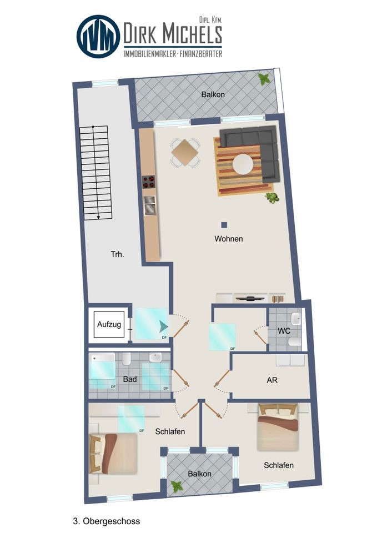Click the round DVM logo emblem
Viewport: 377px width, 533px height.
(98, 37)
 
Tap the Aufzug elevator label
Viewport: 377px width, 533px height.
(109, 325)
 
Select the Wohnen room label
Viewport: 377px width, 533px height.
(228, 239)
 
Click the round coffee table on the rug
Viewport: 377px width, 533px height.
(243, 164)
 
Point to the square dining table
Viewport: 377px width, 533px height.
(184, 152)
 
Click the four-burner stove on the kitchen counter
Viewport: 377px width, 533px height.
(149, 182)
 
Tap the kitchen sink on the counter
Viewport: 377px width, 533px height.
(149, 205)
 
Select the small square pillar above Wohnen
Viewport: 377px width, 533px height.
(224, 225)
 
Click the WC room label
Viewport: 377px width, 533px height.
(284, 331)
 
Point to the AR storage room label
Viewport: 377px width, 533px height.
(272, 380)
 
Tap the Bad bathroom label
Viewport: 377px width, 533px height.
(130, 379)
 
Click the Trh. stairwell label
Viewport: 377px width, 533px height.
(117, 254)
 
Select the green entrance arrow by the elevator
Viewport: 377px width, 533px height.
(164, 326)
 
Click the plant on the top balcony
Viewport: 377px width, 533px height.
(264, 79)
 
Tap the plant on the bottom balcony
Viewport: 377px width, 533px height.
(177, 486)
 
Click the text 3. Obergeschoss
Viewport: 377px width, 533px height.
(107, 521)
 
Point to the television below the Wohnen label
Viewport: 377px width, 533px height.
(250, 299)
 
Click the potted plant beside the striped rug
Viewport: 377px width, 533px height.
(272, 198)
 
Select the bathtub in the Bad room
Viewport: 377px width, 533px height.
(102, 366)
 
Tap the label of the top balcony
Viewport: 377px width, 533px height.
(213, 94)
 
